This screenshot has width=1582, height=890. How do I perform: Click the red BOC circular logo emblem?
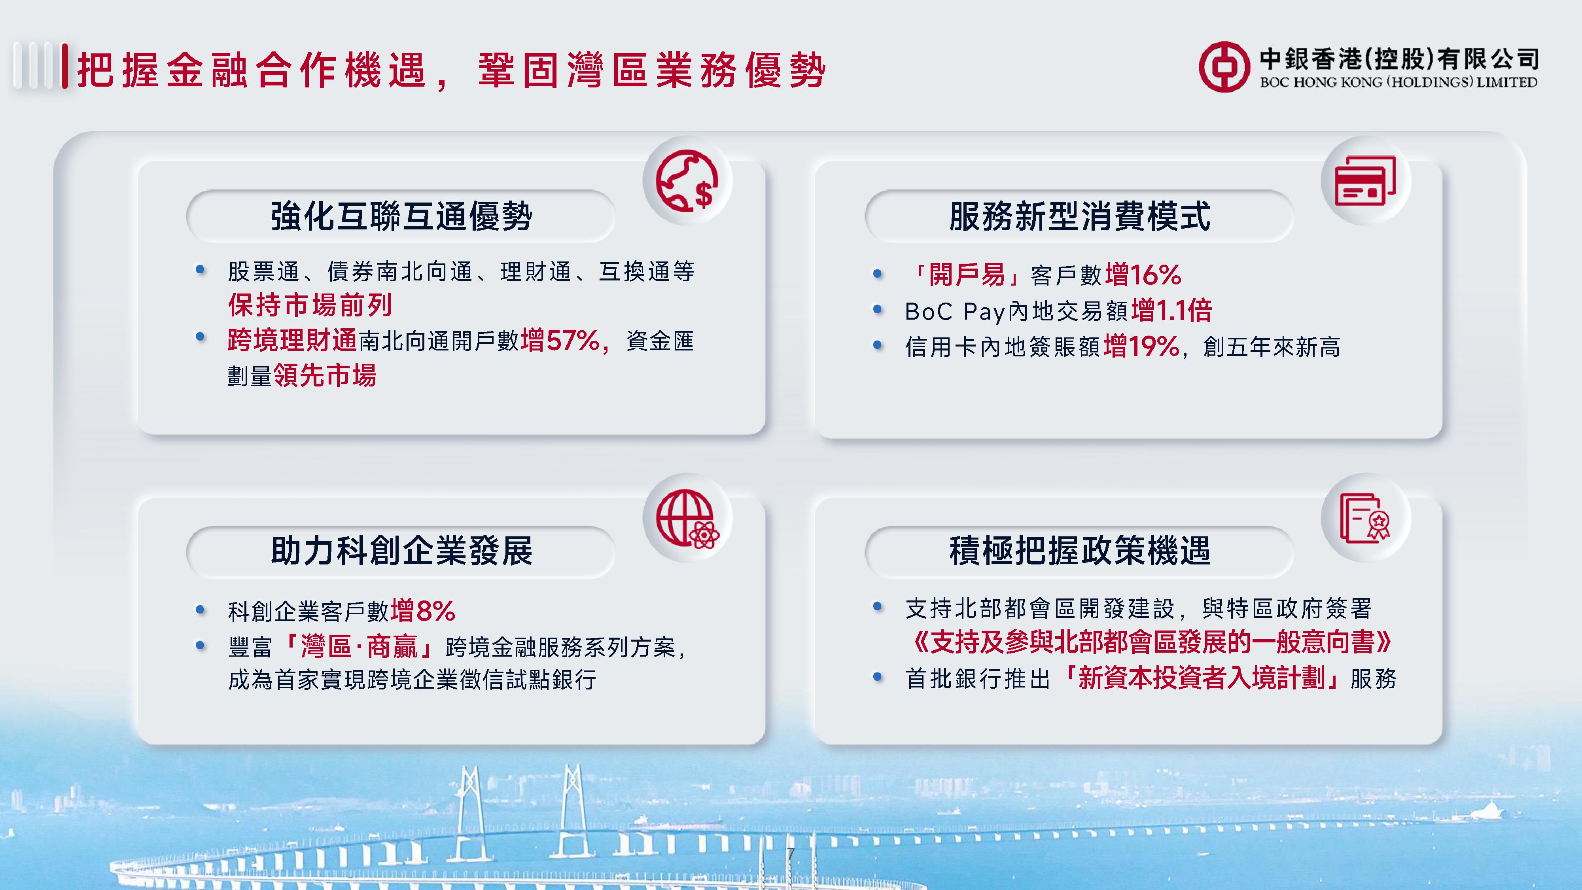pyautogui.click(x=1224, y=67)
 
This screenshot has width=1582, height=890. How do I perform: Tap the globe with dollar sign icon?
pyautogui.click(x=687, y=181)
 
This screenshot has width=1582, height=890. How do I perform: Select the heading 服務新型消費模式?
pyautogui.click(x=1080, y=216)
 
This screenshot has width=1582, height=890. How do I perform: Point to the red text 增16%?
pyautogui.click(x=1143, y=275)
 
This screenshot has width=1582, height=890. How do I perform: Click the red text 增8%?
pyautogui.click(x=423, y=610)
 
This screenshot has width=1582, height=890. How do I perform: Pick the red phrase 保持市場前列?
pyautogui.click(x=310, y=305)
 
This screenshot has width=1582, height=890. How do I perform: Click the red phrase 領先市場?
pyautogui.click(x=325, y=375)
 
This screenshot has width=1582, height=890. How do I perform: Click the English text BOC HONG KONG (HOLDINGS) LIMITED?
pyautogui.click(x=1398, y=82)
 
